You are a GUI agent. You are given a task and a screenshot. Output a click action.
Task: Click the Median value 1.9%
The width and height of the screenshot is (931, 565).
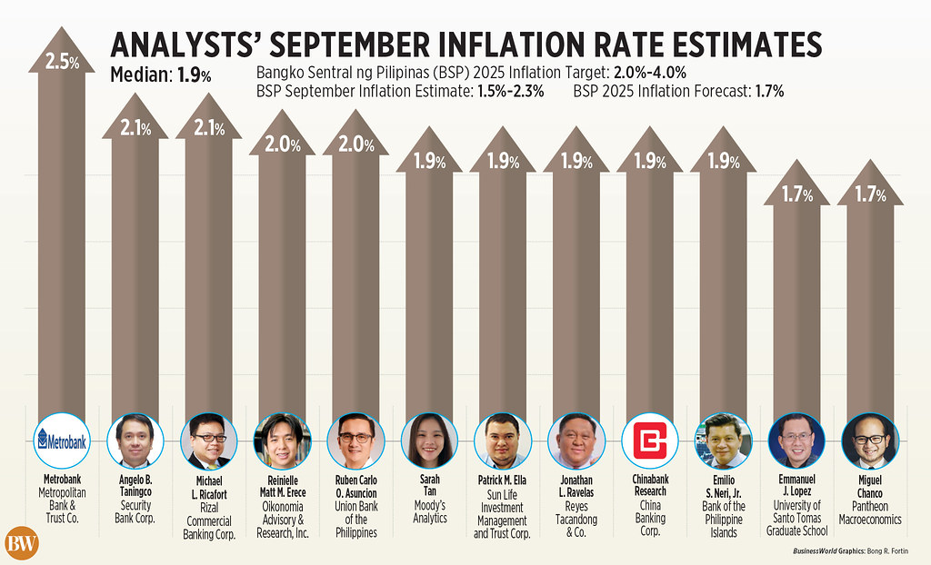194,75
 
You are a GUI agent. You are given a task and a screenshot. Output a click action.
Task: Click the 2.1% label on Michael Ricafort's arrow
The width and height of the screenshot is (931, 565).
208,127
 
